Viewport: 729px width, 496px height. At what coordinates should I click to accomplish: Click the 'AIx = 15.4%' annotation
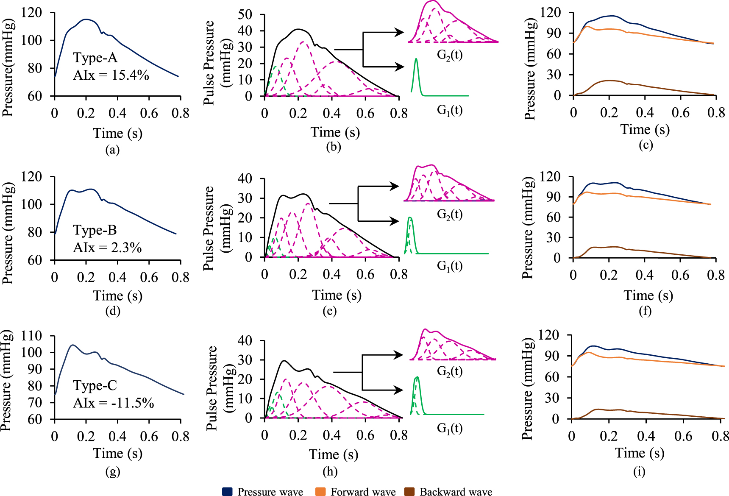coord(111,75)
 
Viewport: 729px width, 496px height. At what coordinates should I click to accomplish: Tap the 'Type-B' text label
coord(95,230)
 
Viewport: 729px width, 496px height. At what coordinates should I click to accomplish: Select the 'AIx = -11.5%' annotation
coord(113,403)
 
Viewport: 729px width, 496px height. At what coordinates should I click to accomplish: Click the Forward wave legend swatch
coord(320,491)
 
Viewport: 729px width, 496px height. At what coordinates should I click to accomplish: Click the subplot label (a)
coord(112,150)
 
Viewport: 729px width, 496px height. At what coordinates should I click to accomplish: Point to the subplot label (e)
coord(329,311)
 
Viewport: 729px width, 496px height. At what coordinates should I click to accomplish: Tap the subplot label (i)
coord(639,471)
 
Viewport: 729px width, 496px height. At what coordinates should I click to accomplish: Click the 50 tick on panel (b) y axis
coord(245,14)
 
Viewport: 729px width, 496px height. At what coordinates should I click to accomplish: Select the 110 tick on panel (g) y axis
coord(32,336)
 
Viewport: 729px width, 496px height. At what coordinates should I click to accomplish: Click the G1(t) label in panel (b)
coord(449,110)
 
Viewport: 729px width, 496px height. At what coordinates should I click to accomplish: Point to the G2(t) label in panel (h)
coord(449,371)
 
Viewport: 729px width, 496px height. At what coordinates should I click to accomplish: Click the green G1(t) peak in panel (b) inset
coord(416,60)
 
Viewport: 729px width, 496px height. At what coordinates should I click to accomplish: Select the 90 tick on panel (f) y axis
coord(552,197)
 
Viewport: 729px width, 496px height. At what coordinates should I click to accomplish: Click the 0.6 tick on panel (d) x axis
coord(149,277)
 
